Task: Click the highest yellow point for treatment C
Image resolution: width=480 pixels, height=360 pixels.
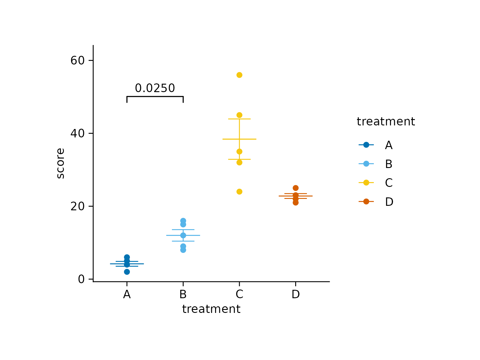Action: [x=239, y=75]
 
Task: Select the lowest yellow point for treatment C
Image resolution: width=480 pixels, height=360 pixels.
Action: [x=239, y=192]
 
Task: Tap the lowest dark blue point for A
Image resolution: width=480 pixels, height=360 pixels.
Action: [x=127, y=272]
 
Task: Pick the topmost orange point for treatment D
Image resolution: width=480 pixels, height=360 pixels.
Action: [x=295, y=188]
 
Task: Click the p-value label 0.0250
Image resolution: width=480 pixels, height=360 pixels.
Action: [x=155, y=88]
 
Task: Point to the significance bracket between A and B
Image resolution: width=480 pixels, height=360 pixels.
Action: [x=155, y=97]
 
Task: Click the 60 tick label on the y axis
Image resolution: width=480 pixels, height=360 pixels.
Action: [x=77, y=61]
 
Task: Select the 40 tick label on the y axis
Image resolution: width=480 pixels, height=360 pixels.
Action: [x=77, y=133]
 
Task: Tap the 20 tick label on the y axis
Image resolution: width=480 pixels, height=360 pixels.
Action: [x=77, y=206]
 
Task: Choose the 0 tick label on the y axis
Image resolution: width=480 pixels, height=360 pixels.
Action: [x=81, y=279]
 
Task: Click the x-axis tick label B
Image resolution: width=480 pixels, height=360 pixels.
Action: [x=183, y=295]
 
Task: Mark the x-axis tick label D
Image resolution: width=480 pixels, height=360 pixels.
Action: [x=295, y=295]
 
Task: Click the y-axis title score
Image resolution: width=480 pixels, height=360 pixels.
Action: [x=61, y=163]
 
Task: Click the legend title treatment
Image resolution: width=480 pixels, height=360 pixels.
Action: [x=386, y=122]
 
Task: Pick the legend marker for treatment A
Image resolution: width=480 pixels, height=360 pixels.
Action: [x=366, y=145]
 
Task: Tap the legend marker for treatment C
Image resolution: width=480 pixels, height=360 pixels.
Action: [x=366, y=183]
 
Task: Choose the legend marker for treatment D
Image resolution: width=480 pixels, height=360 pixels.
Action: [x=366, y=202]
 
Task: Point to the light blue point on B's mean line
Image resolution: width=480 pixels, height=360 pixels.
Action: [x=183, y=235]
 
